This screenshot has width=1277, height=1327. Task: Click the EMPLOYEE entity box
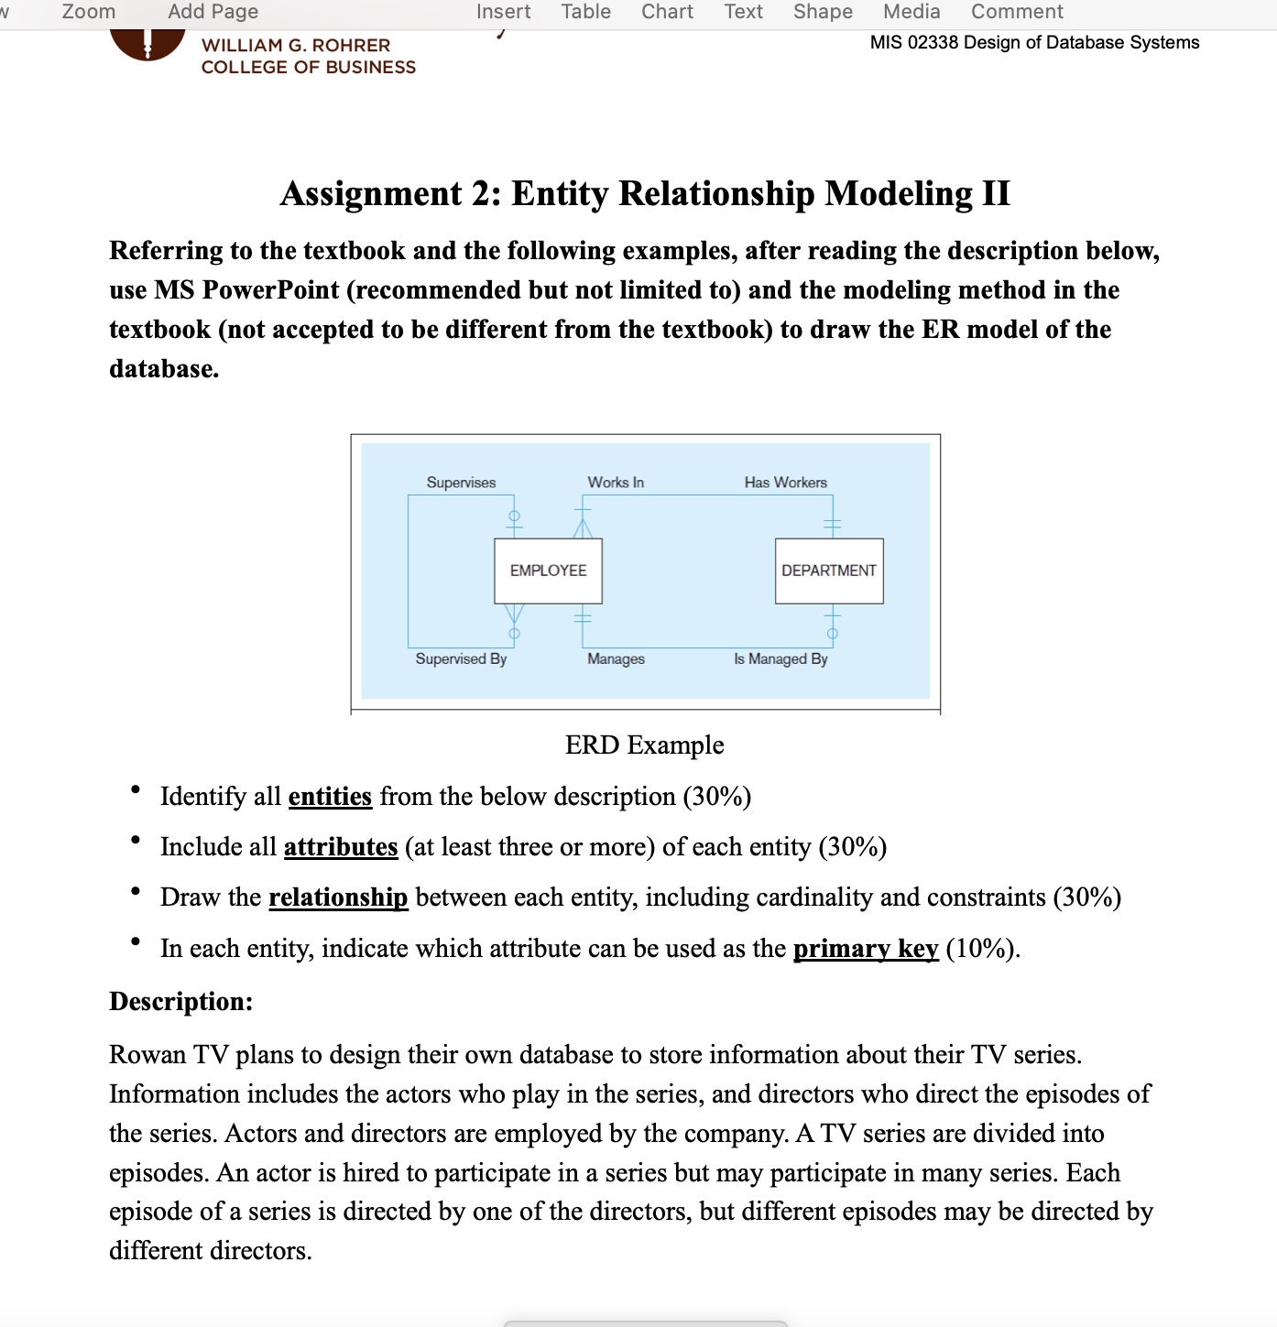[548, 571]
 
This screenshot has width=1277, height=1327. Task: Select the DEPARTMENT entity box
[828, 571]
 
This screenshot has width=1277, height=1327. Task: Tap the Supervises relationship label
[461, 483]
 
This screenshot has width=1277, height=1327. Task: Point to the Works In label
[616, 483]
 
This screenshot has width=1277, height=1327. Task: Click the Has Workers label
[785, 483]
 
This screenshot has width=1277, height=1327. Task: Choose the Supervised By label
[461, 658]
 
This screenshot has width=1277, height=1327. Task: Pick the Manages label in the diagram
[616, 658]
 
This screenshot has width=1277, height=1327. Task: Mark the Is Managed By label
[780, 658]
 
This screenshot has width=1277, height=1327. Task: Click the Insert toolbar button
[503, 12]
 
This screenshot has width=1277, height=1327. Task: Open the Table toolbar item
[585, 12]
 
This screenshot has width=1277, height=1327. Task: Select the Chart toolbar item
[667, 12]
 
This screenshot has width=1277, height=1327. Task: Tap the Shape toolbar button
[823, 12]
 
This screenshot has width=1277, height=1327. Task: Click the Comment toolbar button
[1017, 12]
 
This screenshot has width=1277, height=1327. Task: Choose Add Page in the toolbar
[213, 12]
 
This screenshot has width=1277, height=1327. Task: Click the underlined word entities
[330, 797]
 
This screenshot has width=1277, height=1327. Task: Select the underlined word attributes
[340, 847]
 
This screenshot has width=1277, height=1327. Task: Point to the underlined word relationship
[338, 897]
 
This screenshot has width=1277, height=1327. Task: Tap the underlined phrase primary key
[866, 949]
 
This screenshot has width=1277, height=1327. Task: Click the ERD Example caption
[644, 745]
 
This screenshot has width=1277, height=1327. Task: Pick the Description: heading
[180, 1002]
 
